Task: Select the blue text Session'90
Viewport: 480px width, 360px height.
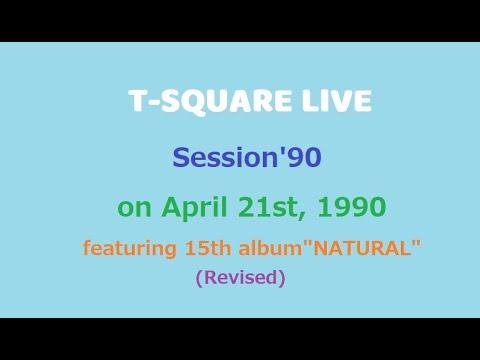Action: [246, 157]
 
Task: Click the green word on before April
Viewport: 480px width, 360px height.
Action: [132, 209]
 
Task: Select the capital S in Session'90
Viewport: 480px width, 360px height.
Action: [181, 157]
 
